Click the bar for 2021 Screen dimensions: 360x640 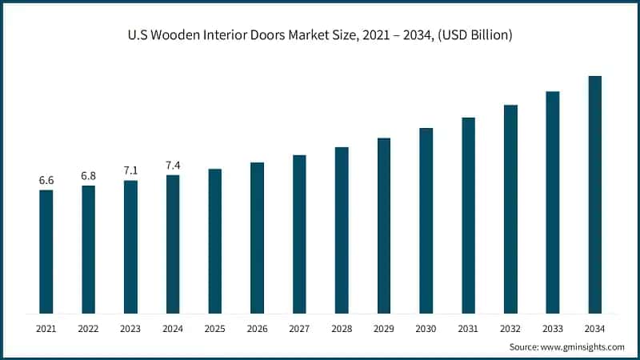pyautogui.click(x=46, y=251)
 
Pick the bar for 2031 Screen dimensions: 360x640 pyautogui.click(x=468, y=215)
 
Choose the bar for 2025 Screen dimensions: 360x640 pyautogui.click(x=215, y=241)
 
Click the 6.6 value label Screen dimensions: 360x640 pyautogui.click(x=46, y=181)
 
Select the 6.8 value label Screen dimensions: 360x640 pyautogui.click(x=88, y=176)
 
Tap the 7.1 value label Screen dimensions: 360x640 pyautogui.click(x=130, y=171)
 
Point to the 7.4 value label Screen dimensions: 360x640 pyautogui.click(x=173, y=166)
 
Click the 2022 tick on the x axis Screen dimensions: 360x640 pyautogui.click(x=88, y=329)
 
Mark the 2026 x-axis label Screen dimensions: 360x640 pyautogui.click(x=257, y=329)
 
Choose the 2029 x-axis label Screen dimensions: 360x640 pyautogui.click(x=384, y=329)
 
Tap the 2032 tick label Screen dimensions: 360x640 pyautogui.click(x=510, y=329)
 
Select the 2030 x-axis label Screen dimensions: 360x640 pyautogui.click(x=426, y=329)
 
